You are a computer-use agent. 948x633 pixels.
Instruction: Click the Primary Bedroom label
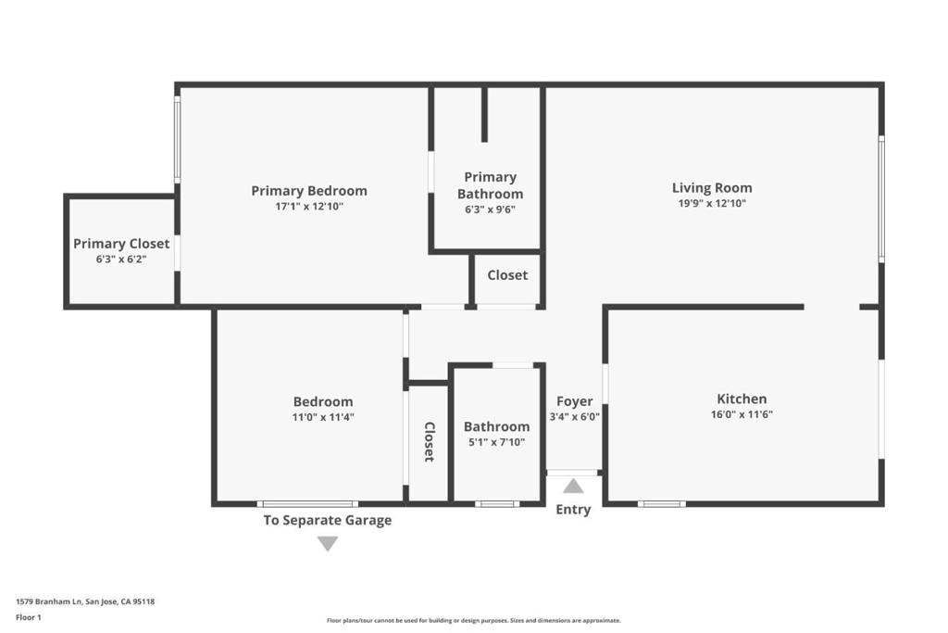point(309,191)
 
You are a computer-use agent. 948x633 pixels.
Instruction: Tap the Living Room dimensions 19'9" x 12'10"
point(712,203)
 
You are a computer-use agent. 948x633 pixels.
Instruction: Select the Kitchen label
point(742,399)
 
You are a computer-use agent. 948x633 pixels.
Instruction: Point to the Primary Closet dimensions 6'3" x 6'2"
point(121,259)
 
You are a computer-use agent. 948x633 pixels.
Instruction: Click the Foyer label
point(574,401)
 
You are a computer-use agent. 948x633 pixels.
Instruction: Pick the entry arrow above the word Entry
point(573,486)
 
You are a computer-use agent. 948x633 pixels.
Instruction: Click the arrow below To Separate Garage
point(328,543)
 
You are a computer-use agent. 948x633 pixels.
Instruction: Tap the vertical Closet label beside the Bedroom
point(429,442)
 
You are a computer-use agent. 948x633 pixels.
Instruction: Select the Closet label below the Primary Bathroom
point(507,274)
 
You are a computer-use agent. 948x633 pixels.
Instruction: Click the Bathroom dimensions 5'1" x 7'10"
point(496,442)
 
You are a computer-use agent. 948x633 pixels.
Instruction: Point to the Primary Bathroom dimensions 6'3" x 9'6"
point(490,209)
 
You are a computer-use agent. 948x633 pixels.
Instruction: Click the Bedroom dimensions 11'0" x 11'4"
point(323,417)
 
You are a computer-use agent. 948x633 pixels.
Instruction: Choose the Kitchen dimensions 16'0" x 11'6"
point(742,414)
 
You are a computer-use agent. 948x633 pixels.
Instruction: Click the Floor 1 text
point(29,617)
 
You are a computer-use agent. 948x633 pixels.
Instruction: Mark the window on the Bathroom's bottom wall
point(497,503)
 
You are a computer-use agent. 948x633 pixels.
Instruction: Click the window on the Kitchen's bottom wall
point(661,503)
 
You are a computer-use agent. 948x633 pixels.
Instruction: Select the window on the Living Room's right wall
point(881,199)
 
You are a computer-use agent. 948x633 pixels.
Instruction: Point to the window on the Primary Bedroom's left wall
point(177,139)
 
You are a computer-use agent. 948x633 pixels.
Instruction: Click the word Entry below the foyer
point(573,510)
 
